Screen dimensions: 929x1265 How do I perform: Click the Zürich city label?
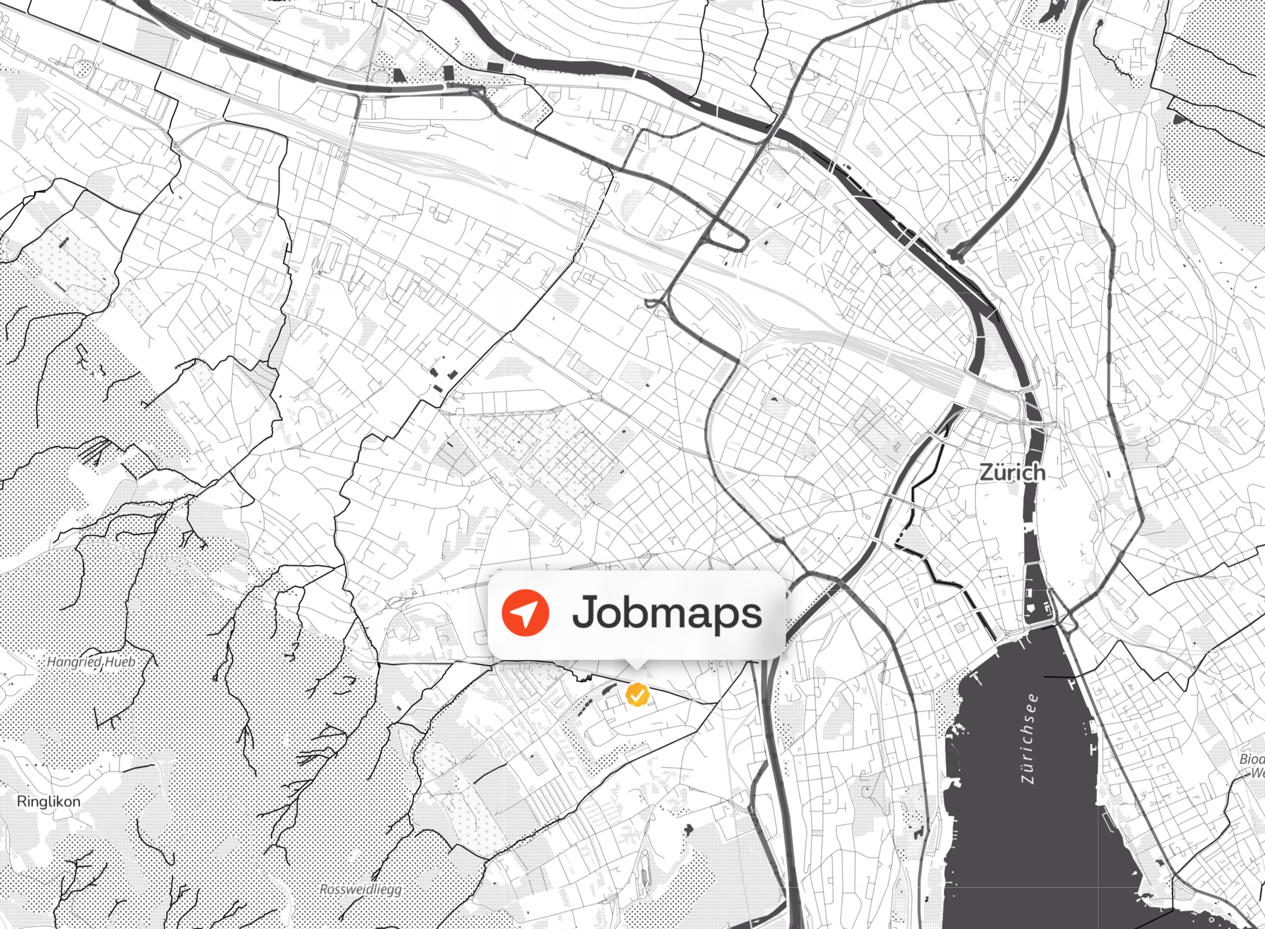pyautogui.click(x=1012, y=472)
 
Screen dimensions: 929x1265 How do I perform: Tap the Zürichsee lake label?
pyautogui.click(x=1029, y=738)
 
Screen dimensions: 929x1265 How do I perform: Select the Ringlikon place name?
pyautogui.click(x=49, y=801)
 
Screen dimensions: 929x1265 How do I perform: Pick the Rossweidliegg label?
pyautogui.click(x=360, y=890)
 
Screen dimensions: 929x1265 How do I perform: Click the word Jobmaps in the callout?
pyautogui.click(x=667, y=613)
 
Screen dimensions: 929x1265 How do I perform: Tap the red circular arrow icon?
pyautogui.click(x=525, y=613)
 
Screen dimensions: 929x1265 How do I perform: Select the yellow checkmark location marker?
pyautogui.click(x=637, y=694)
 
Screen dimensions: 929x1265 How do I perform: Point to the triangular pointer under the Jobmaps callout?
pyautogui.click(x=636, y=665)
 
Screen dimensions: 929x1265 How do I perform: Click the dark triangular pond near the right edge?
pyautogui.click(x=1180, y=119)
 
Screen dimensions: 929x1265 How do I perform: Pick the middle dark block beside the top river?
pyautogui.click(x=448, y=73)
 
